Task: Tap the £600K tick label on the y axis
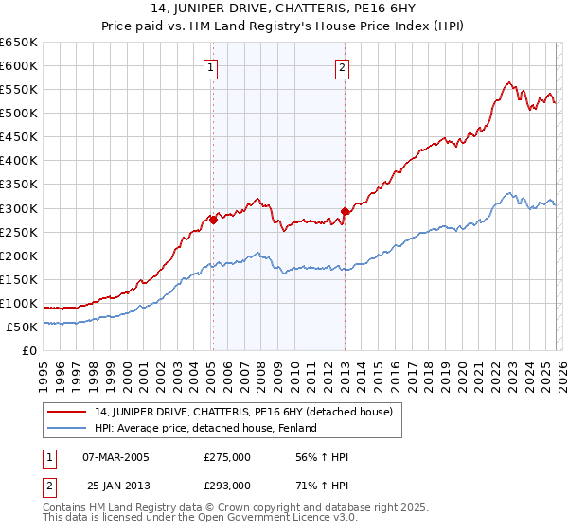click(x=19, y=66)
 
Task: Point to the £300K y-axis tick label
click(x=19, y=208)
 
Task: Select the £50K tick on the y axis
click(x=23, y=327)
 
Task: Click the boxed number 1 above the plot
click(x=209, y=67)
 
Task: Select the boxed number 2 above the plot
click(x=341, y=67)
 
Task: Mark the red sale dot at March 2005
click(x=213, y=220)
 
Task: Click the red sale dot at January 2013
click(x=345, y=211)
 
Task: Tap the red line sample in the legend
click(x=67, y=412)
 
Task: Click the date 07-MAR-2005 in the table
click(x=117, y=457)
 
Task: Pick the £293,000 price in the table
click(x=226, y=485)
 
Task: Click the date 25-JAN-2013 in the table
click(x=117, y=485)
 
